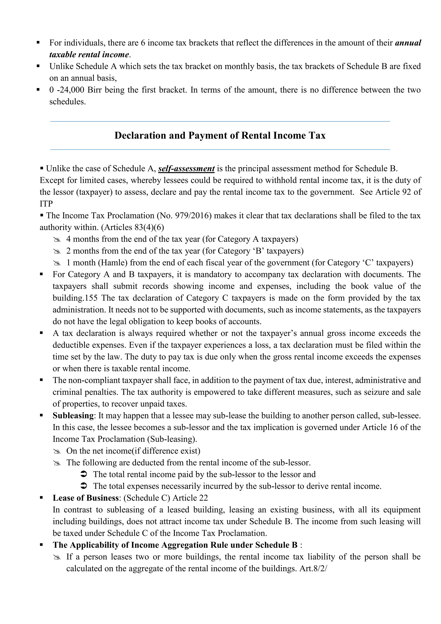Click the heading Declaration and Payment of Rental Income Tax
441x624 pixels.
point(220,135)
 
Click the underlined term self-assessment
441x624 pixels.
point(186,168)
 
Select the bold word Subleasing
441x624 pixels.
point(73,416)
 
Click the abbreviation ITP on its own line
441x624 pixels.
point(46,204)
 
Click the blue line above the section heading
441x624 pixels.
point(220,122)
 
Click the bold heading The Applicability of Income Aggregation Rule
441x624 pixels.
point(175,545)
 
